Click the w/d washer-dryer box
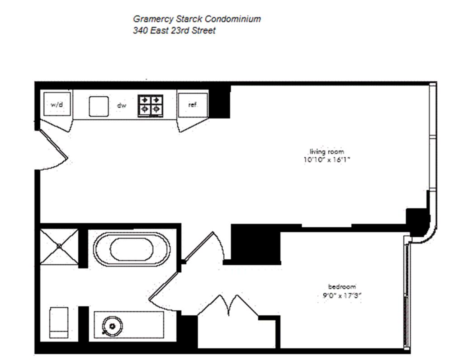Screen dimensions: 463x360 pos(57,105)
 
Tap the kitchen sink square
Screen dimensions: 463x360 pos(99,107)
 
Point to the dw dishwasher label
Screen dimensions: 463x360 pos(121,106)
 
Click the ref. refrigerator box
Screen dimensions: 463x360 pos(193,105)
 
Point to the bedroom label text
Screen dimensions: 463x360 pos(342,287)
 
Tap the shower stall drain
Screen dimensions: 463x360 pos(59,246)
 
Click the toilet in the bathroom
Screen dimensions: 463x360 pos(59,323)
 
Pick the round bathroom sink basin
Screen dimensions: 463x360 pos(111,324)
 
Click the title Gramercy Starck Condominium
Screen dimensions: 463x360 pos(197,19)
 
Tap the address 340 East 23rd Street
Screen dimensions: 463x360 pos(174,31)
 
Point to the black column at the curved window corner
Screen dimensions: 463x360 pos(418,219)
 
